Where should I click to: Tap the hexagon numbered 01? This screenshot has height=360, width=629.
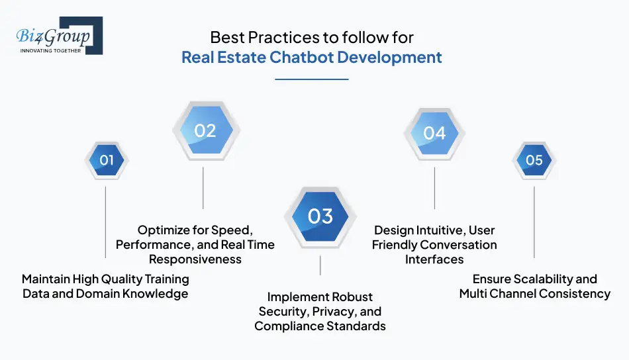[107, 160]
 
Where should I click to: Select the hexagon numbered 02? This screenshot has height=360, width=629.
[205, 131]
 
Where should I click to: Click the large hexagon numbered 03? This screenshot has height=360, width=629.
[320, 216]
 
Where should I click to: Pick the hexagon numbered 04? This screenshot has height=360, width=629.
[434, 133]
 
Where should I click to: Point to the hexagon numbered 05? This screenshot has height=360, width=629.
[534, 160]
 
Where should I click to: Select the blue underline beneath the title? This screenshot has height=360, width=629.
[311, 79]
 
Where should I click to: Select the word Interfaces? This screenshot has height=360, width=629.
[434, 259]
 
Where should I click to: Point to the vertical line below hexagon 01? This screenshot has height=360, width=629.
[105, 222]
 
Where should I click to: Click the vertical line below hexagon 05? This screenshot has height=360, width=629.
[534, 222]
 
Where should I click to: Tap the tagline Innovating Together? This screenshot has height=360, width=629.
[50, 50]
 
